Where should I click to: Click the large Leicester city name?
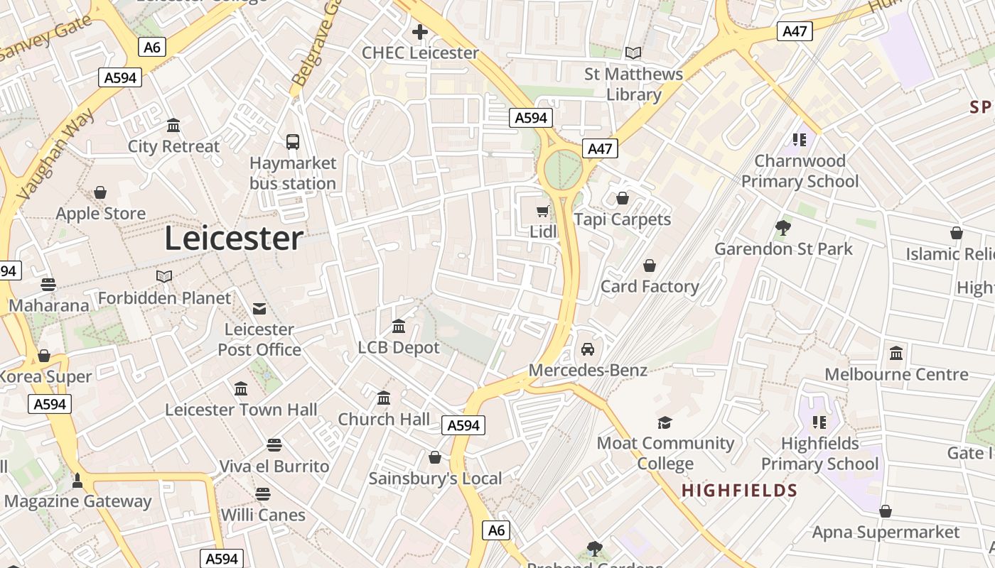(x=234, y=239)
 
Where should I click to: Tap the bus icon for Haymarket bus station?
(x=293, y=142)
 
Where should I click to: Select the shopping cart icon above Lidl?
(x=543, y=211)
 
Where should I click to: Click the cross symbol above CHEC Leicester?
(x=420, y=32)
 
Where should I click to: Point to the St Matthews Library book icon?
(x=633, y=53)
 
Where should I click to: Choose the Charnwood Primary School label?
(x=800, y=171)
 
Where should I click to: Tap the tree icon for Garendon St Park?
(x=783, y=228)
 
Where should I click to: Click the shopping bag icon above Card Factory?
(x=649, y=266)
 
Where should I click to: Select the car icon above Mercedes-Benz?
(x=588, y=349)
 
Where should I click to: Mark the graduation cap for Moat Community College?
(x=665, y=422)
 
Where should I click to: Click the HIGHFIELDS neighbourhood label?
(x=739, y=491)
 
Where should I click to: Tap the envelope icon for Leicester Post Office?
(x=259, y=309)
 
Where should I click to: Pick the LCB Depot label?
(x=399, y=347)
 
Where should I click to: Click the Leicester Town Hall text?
(x=241, y=410)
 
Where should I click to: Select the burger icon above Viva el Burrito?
(x=274, y=445)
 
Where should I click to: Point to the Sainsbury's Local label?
(x=435, y=479)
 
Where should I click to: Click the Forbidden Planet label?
(x=164, y=298)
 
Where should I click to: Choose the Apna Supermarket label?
(x=886, y=532)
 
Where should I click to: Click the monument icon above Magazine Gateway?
(x=77, y=481)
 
